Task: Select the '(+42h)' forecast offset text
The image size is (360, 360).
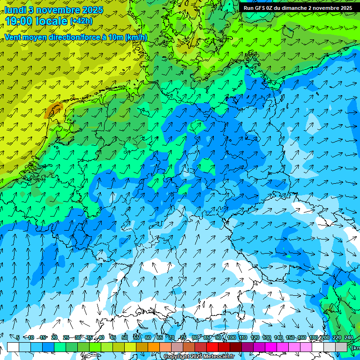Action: [81, 21]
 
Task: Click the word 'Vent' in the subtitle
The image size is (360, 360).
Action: [14, 37]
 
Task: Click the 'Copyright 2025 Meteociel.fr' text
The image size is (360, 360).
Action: [199, 357]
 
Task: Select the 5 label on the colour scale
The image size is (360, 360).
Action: [18, 337]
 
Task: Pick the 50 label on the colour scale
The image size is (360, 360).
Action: [125, 337]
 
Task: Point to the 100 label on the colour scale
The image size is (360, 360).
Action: [232, 337]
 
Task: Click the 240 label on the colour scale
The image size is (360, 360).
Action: [349, 337]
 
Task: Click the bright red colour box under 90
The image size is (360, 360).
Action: [212, 347]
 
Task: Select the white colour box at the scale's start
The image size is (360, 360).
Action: [13, 347]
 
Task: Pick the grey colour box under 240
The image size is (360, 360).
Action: [341, 347]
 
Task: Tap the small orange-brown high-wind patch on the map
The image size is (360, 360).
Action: [53, 110]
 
